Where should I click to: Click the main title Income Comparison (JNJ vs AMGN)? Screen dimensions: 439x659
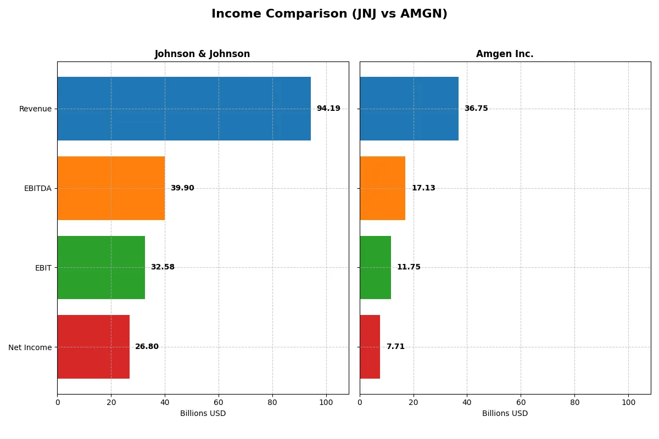click(x=329, y=14)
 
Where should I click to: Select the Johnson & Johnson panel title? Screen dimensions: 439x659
click(x=202, y=54)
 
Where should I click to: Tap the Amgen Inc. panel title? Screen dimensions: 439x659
click(x=505, y=54)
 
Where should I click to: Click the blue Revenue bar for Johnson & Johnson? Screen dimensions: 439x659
click(x=184, y=109)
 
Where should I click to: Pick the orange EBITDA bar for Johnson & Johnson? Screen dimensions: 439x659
click(x=111, y=188)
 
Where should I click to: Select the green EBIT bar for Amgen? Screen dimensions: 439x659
click(x=375, y=268)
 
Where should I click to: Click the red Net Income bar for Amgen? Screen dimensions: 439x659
click(x=370, y=347)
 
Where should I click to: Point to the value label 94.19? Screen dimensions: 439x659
click(x=328, y=109)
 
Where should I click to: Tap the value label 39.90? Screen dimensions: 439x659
click(x=182, y=188)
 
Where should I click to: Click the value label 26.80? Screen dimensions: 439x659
click(x=147, y=347)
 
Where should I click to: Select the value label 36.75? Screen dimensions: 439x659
click(x=476, y=109)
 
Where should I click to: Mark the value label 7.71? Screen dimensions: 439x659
click(x=395, y=347)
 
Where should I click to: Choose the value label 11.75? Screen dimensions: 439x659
click(x=409, y=267)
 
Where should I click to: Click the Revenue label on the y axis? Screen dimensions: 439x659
click(x=35, y=109)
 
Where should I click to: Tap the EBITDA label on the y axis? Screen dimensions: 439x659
click(x=38, y=188)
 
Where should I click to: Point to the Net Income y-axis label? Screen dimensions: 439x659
click(x=30, y=347)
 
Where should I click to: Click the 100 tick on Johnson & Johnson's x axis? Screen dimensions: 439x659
click(x=326, y=402)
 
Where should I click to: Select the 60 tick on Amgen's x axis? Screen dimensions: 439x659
click(x=521, y=402)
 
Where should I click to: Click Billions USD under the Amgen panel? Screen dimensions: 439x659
click(x=505, y=414)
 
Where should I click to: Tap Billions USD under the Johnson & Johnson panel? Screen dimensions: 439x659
click(x=203, y=414)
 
